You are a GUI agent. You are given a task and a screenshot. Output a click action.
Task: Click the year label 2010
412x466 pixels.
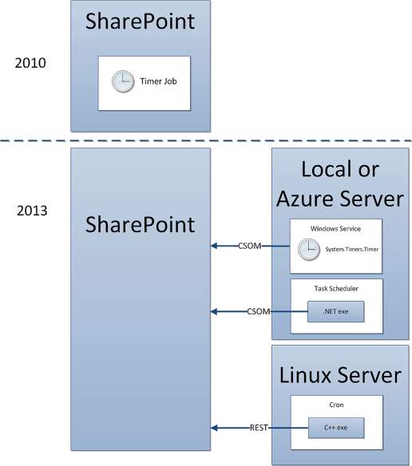31,62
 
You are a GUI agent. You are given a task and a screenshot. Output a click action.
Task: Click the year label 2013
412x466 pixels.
31,211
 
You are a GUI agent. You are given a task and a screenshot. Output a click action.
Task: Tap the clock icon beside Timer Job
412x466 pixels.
122,81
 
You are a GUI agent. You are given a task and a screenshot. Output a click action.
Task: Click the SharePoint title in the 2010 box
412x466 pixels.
141,21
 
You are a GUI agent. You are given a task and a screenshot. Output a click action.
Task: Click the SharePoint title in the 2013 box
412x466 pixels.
141,224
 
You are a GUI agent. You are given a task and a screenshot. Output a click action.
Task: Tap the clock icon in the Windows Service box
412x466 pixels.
308,250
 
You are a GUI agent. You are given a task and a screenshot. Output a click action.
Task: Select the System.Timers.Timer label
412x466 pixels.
351,250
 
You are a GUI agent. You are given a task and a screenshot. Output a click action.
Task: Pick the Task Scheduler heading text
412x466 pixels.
335,288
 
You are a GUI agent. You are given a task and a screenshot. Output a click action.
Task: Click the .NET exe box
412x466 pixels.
336,312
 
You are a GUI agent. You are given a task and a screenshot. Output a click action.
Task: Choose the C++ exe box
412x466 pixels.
336,428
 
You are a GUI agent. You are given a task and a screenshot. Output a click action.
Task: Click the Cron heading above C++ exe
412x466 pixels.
335,405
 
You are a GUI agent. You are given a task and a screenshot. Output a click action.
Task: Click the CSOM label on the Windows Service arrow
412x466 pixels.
250,246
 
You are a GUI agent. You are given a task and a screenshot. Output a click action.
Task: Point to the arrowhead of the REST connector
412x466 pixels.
215,428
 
